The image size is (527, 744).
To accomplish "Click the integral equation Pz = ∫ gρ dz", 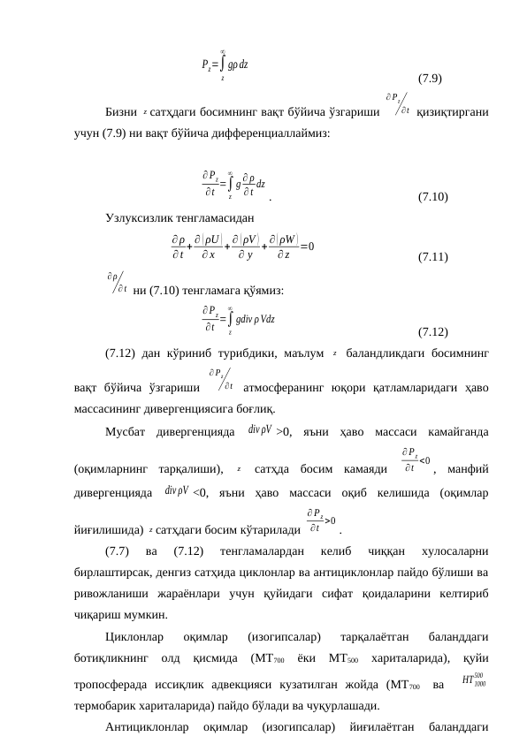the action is [x=225, y=64].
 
